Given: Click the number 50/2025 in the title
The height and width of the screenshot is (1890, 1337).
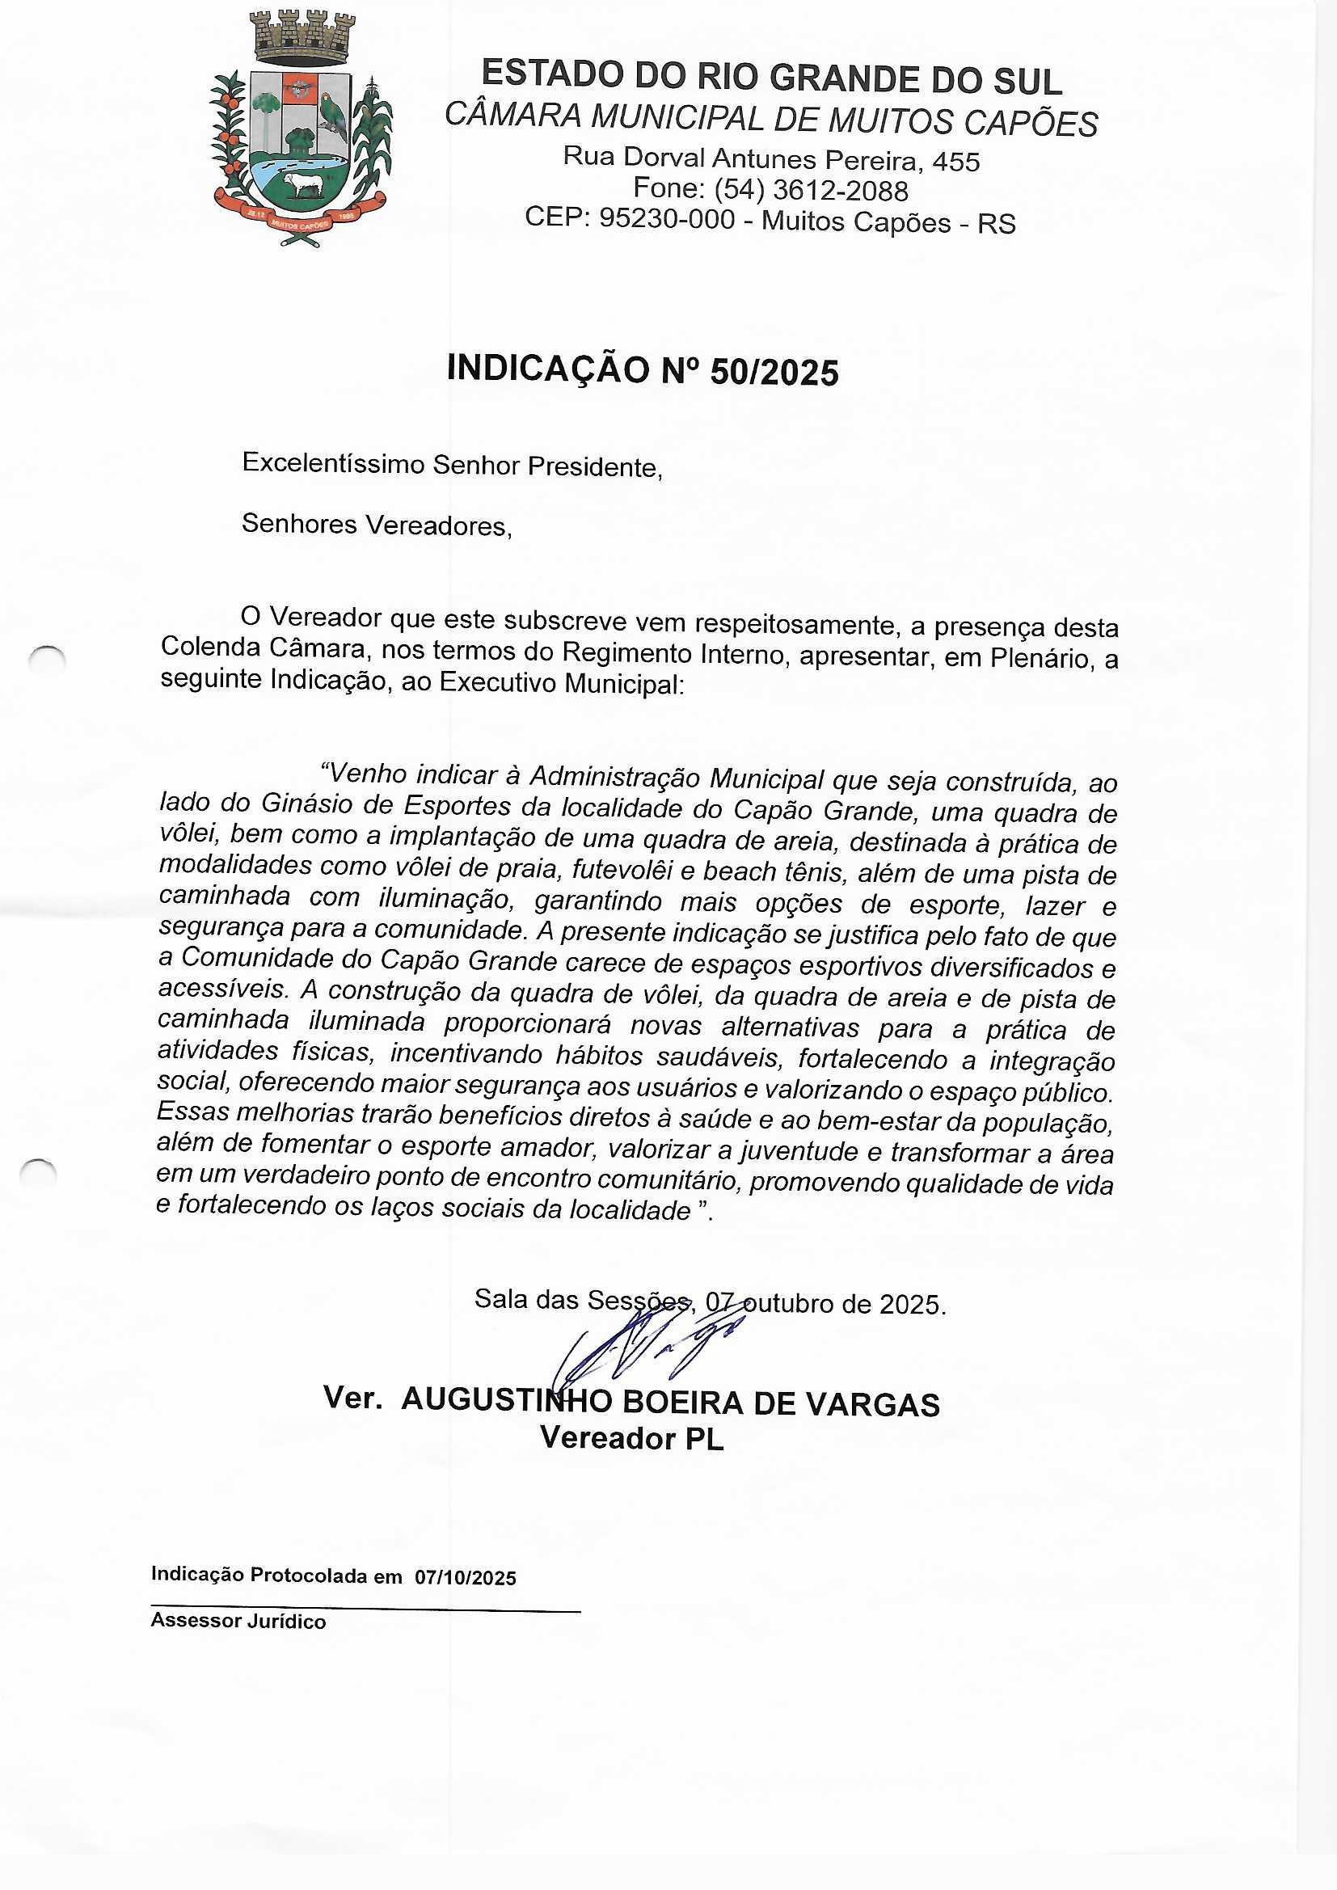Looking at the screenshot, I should tap(774, 373).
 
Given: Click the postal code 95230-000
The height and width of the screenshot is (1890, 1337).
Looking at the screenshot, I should tap(666, 219).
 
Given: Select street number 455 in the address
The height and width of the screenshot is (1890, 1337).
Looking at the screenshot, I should tap(955, 162).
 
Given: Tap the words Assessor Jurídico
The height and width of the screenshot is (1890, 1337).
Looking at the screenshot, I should tap(238, 1622).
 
